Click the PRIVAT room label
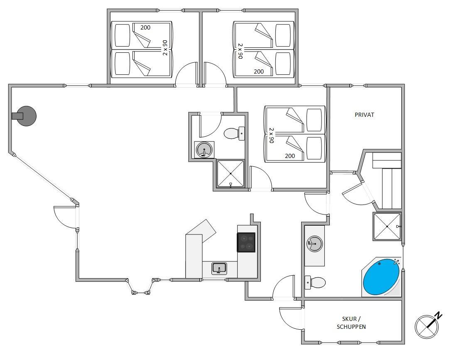click(x=364, y=115)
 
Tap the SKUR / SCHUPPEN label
click(x=351, y=323)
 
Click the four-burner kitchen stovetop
click(x=246, y=242)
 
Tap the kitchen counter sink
click(x=219, y=268)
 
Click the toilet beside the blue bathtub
click(x=315, y=282)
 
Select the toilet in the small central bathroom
click(x=234, y=133)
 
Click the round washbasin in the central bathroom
click(x=204, y=150)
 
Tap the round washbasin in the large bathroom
click(x=314, y=244)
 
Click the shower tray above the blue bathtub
click(x=387, y=227)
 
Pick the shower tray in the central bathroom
click(x=231, y=174)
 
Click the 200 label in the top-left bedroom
click(x=145, y=27)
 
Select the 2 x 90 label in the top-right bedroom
click(x=240, y=51)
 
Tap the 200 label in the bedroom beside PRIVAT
click(x=290, y=156)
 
